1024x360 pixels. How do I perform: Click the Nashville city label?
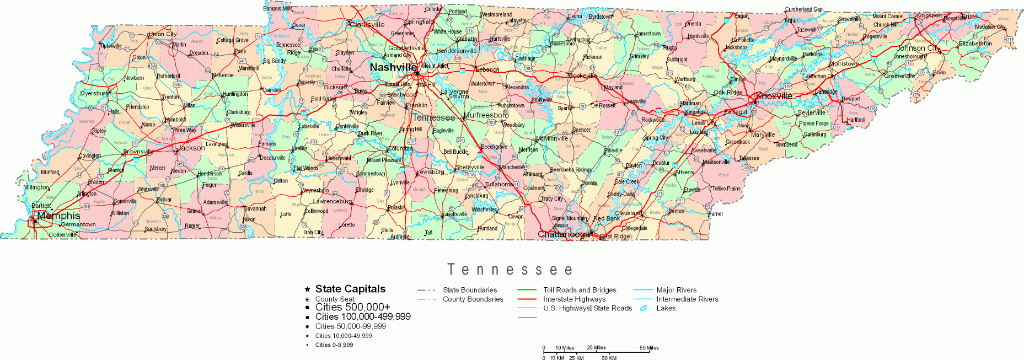coord(393,67)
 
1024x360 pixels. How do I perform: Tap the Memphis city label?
coord(58,216)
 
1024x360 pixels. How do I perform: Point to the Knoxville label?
coord(774,96)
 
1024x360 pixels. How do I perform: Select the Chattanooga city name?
coord(563,234)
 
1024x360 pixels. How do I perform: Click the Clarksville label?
coord(367,24)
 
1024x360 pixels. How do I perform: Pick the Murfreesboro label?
coord(486,115)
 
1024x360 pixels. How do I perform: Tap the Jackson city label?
coord(191,148)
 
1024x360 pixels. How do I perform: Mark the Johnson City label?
coord(918,48)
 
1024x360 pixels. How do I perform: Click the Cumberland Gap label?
coord(803,9)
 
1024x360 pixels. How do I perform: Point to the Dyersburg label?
coord(94,93)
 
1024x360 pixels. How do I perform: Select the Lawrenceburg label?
coord(333,201)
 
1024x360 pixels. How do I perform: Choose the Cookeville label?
coord(583,76)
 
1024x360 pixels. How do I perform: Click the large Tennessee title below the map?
coord(510,270)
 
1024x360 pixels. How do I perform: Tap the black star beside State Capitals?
coord(307,289)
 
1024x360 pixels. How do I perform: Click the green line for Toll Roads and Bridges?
coord(527,290)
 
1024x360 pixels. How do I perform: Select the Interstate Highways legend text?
coord(574,299)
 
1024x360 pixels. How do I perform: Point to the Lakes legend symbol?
coord(643,308)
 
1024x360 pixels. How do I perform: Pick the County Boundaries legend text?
coord(473,299)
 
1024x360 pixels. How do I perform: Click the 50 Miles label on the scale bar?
coord(649,348)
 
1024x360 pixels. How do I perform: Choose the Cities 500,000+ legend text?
coord(352,307)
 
